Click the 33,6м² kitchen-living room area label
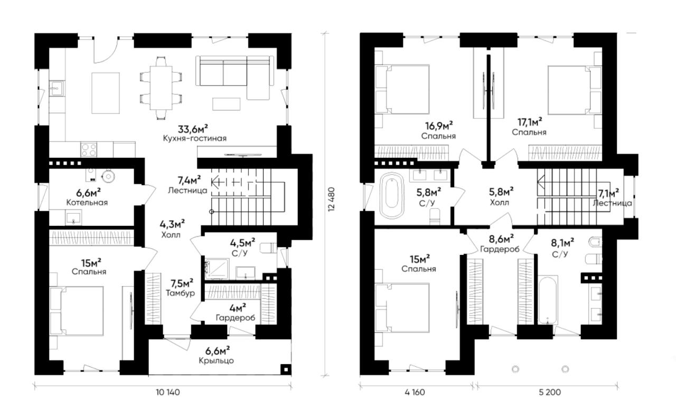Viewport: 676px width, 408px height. [x=193, y=129]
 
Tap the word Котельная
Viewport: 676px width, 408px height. [x=87, y=202]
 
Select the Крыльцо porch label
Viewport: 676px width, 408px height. [x=216, y=360]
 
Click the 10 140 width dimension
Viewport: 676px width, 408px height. [x=168, y=392]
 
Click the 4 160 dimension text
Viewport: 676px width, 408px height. [x=415, y=392]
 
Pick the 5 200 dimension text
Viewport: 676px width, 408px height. [x=550, y=392]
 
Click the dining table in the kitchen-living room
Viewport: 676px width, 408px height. [x=161, y=88]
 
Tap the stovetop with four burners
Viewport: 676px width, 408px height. [x=89, y=149]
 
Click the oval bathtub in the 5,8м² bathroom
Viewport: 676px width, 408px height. [x=392, y=195]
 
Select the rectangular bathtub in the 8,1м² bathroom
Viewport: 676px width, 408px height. [x=548, y=300]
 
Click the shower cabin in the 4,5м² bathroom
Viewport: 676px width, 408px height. [x=217, y=268]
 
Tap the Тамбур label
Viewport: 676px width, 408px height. [x=180, y=293]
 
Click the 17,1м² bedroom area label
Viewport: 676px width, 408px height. [x=530, y=122]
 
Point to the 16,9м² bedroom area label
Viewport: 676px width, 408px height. [x=439, y=126]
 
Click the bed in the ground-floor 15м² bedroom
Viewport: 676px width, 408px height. [x=77, y=311]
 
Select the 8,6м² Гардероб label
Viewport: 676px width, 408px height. [x=500, y=249]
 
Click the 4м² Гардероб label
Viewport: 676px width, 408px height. [x=236, y=318]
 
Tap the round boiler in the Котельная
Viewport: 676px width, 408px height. [x=108, y=177]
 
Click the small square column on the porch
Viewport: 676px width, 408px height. [x=286, y=369]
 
